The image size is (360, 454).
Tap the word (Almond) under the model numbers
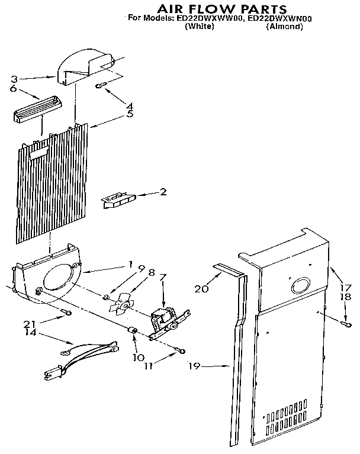284,27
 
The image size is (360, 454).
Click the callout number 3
14,78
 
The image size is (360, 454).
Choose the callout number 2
162,192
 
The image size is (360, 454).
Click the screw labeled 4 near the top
101,86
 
